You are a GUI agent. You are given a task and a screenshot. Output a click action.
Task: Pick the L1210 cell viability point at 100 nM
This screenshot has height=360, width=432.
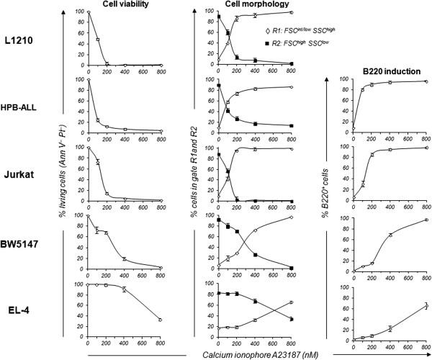pos(97,40)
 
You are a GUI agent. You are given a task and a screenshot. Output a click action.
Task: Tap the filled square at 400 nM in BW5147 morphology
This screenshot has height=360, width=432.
pos(255,255)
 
